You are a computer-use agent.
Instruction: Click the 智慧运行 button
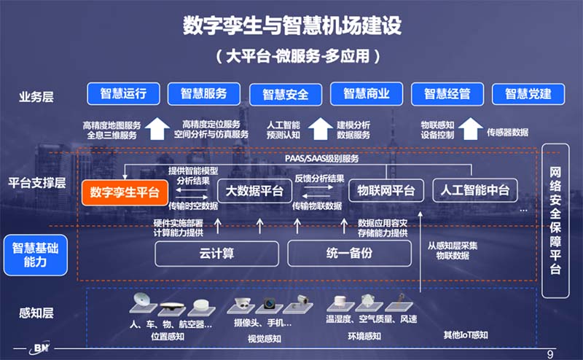[123, 93]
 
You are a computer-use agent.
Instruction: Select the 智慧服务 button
[204, 93]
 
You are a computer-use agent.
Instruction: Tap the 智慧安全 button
[285, 94]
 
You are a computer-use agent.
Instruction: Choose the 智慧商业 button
[366, 93]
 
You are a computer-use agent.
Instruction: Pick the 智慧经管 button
[447, 94]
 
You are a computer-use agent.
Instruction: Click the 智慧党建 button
[528, 94]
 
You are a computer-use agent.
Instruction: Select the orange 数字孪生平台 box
[125, 192]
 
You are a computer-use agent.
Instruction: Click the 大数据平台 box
[254, 192]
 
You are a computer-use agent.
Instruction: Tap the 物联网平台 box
[386, 191]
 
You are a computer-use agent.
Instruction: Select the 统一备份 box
[341, 253]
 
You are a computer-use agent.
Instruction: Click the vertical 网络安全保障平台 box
[555, 220]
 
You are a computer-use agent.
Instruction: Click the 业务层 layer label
[36, 95]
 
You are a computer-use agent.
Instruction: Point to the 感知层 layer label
[36, 314]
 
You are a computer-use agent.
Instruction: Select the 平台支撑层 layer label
[36, 182]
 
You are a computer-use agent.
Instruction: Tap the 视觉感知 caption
[263, 337]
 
